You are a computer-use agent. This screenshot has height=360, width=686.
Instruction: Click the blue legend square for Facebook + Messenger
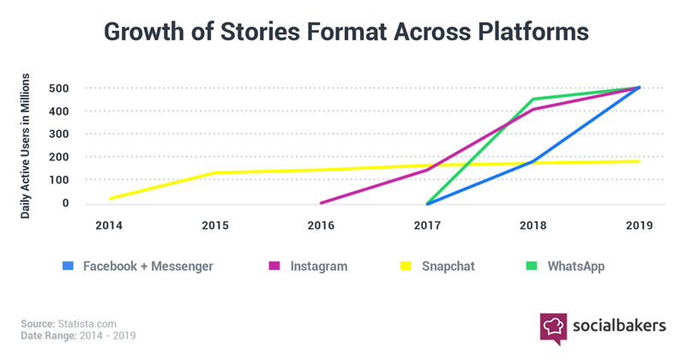click(67, 267)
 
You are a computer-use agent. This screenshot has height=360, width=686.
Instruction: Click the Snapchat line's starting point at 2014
click(111, 198)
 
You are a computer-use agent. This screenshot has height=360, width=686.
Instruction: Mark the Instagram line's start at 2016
click(321, 203)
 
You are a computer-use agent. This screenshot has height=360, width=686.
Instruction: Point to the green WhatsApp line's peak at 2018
click(533, 99)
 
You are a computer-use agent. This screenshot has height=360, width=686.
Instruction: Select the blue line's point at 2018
click(533, 161)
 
